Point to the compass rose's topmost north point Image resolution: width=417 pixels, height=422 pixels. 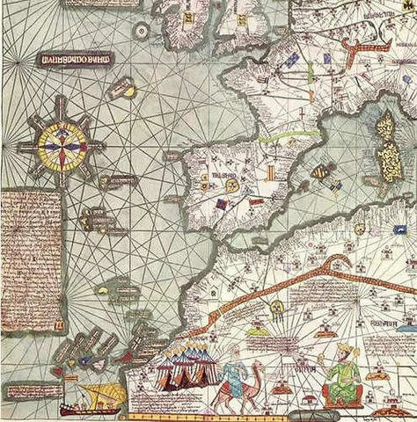click(x=62, y=98)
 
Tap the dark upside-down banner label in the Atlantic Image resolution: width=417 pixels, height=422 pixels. click(x=77, y=60)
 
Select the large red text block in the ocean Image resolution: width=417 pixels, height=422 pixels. click(x=32, y=261)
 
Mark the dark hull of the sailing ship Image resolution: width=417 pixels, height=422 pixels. click(x=90, y=409)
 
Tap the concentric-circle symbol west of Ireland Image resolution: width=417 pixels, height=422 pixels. click(x=141, y=31)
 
